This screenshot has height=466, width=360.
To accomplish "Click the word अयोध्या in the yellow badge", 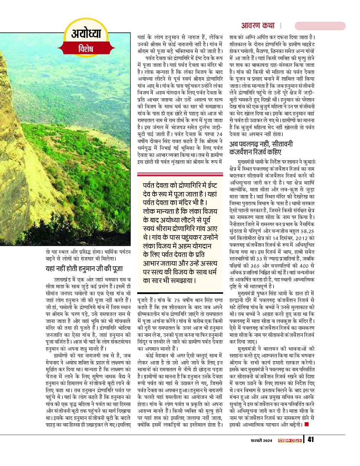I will [x=86, y=34].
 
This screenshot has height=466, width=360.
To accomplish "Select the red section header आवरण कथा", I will [x=258, y=26].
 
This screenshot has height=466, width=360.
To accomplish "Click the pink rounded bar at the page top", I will [x=320, y=26].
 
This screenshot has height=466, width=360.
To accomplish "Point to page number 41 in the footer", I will [x=310, y=440].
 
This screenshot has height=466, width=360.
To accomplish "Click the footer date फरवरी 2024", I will [x=262, y=440].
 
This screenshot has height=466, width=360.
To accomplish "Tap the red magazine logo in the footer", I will [x=290, y=440].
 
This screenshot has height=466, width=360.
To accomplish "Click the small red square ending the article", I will [x=306, y=424].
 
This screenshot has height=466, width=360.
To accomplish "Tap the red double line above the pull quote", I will [x=180, y=175].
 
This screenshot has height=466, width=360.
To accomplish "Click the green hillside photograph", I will [x=65, y=137].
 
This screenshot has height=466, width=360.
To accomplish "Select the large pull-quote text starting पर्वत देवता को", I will [x=180, y=232].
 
